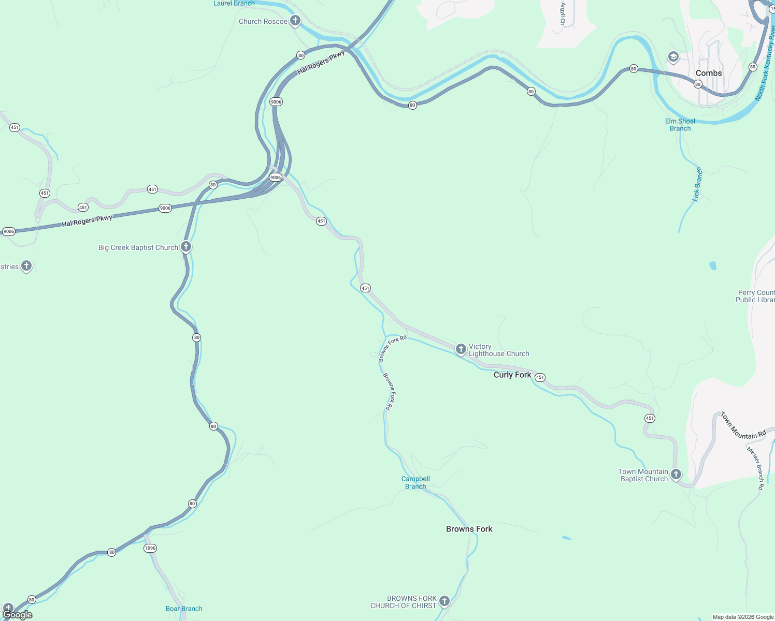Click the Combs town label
tap(708, 73)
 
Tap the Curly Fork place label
tap(512, 375)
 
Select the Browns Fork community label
tap(469, 529)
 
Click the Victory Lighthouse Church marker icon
tap(461, 349)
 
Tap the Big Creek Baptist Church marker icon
tap(186, 247)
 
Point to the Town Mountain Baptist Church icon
tap(676, 474)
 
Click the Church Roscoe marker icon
tap(295, 21)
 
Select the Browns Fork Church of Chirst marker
tap(444, 601)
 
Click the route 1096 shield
tap(150, 548)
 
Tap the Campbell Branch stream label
tap(415, 482)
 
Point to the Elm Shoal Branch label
tap(680, 125)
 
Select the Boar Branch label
tap(184, 609)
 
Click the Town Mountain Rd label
tap(743, 426)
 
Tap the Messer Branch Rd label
tap(755, 468)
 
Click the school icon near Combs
tap(673, 57)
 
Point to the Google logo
tap(18, 615)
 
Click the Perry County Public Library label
tap(755, 296)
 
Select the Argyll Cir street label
tap(563, 14)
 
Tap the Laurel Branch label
tap(234, 4)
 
